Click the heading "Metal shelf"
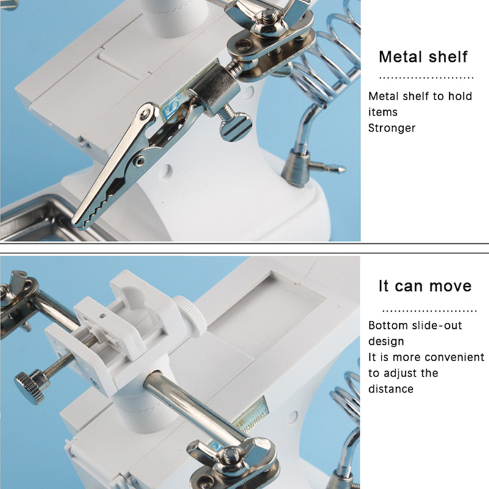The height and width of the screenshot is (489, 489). coord(423,57)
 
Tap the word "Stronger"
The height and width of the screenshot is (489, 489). coord(392,128)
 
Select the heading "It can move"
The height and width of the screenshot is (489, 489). coord(425,285)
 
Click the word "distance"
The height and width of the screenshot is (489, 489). coord(391,389)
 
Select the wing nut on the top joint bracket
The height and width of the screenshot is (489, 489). coord(268,12)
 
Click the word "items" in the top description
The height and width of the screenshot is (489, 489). coord(383,112)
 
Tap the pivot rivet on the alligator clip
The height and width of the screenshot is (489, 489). coord(139,161)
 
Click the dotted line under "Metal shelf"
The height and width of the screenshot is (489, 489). coord(426,78)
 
